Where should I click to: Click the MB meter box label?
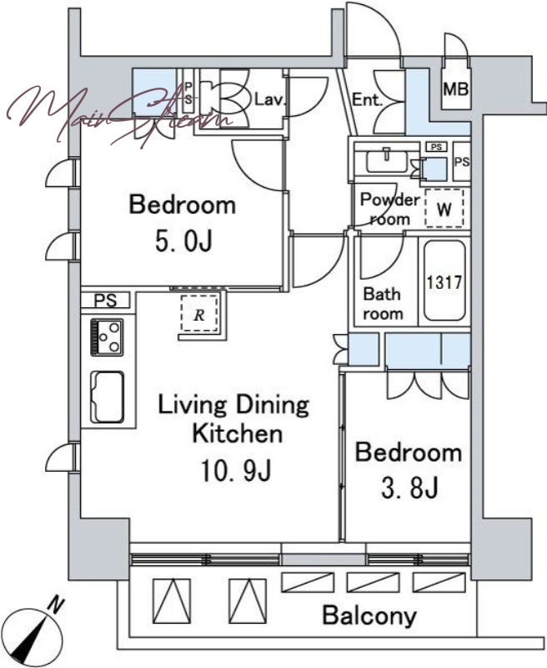point(455,89)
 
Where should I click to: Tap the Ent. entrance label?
point(367,99)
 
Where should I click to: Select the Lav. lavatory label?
point(269,99)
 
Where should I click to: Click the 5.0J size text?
point(183,242)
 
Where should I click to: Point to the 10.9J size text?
point(236,472)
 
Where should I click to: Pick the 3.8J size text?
point(409,488)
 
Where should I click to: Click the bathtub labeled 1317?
point(444,281)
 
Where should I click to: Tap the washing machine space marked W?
point(444,209)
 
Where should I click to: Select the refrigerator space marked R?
point(199,313)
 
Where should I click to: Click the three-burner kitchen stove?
point(107,337)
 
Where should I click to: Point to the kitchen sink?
point(108,397)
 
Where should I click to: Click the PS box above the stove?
point(106,301)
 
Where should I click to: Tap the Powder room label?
point(389,210)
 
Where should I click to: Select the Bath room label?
point(383,304)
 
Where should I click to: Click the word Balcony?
point(369,616)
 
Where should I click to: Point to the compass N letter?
point(56,605)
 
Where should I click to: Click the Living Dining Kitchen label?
point(234,419)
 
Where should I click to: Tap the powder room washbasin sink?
point(386,159)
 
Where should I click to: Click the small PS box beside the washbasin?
point(436,147)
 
